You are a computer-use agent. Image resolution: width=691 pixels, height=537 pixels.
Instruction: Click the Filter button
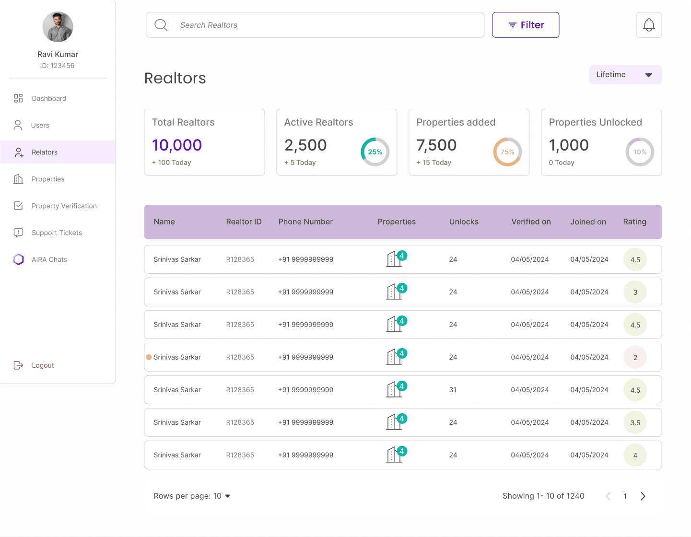(526, 25)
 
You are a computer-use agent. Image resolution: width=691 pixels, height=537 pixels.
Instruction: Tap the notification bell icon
(649, 25)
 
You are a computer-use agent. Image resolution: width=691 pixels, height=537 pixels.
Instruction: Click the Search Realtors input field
(315, 25)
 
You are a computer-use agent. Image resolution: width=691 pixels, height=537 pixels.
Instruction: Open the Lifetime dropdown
(625, 75)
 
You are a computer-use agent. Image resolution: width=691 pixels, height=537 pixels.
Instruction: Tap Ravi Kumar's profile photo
(58, 27)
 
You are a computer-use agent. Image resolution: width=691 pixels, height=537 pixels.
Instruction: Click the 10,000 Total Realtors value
(176, 145)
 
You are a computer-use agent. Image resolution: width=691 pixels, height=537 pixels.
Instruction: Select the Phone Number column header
(305, 222)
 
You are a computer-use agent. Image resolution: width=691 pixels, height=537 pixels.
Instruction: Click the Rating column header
(634, 222)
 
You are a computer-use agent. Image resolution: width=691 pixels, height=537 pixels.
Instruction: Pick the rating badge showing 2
(635, 357)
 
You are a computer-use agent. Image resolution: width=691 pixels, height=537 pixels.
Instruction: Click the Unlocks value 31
(453, 390)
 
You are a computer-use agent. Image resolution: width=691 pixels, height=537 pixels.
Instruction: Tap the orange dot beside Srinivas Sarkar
(149, 357)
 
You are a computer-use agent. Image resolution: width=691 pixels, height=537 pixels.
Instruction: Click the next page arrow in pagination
(643, 496)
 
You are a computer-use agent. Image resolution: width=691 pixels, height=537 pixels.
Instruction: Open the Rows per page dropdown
(192, 496)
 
